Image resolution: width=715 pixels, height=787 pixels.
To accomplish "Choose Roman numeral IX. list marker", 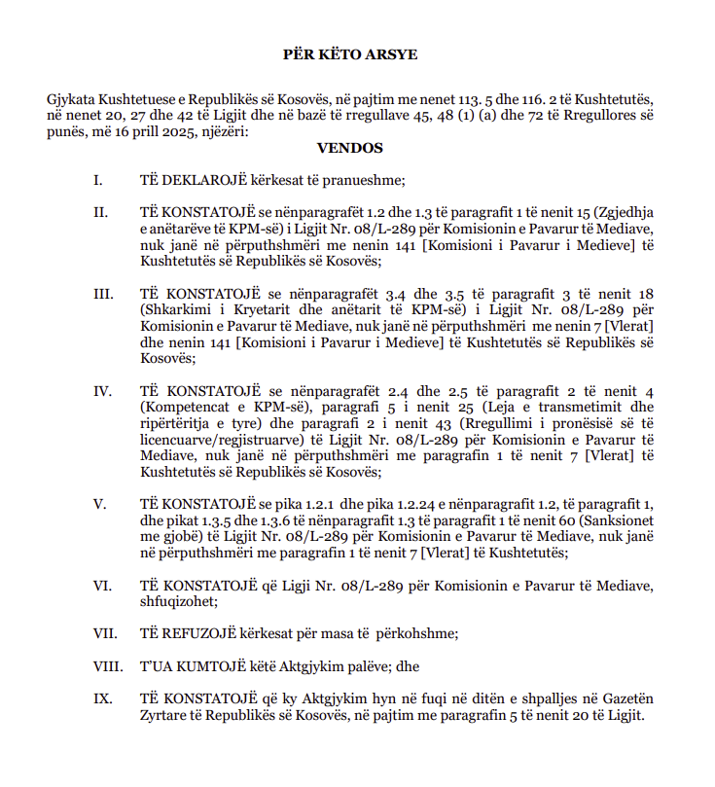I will [102, 698].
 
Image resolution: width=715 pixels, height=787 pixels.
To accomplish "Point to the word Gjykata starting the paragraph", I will [73, 101].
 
